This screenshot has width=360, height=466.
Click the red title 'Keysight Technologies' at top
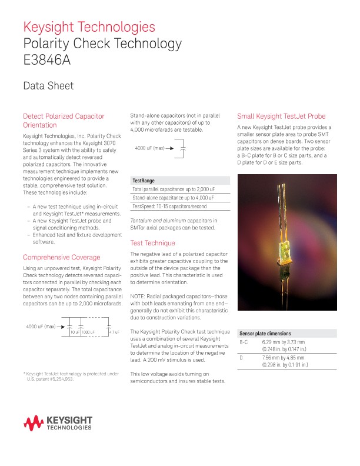89,27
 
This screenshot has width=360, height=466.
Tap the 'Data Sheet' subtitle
48,86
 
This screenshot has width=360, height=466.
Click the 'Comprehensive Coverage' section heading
61,257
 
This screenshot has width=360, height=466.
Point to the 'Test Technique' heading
152,242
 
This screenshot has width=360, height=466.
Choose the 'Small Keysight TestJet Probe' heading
281,116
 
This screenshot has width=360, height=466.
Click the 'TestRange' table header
144,181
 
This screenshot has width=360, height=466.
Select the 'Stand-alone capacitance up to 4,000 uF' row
173,198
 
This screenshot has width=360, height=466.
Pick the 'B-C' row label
244,342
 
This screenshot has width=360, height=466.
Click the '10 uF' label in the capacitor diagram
75,333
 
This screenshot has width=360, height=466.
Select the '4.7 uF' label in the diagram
114,333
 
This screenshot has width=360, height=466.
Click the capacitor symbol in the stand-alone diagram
183,148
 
